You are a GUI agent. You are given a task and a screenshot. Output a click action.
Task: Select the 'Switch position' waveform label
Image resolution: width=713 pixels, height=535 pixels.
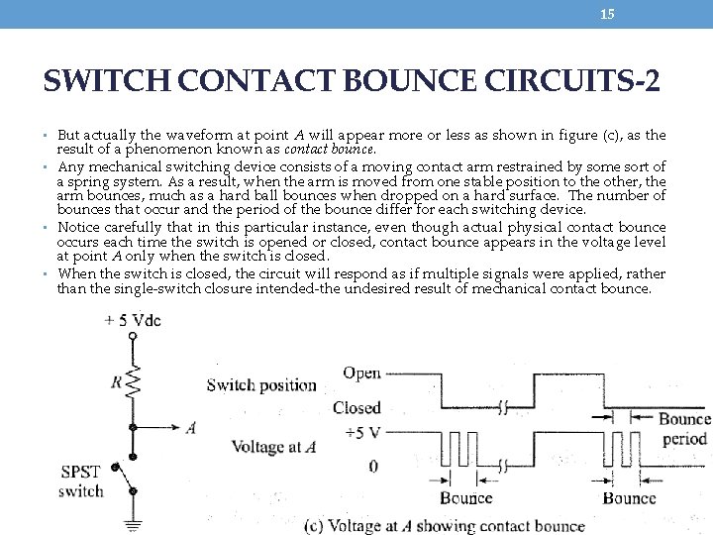261,385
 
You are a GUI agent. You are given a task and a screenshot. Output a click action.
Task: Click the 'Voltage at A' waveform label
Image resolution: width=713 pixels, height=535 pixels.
273,447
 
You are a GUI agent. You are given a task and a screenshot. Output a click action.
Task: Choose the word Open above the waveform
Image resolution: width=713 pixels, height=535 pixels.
361,374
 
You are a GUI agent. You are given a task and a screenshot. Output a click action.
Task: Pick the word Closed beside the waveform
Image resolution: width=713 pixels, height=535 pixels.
356,407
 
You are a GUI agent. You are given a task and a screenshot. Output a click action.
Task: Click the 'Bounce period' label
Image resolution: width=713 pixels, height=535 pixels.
684,429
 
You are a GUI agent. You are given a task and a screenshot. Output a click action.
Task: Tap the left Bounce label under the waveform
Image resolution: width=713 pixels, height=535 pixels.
465,498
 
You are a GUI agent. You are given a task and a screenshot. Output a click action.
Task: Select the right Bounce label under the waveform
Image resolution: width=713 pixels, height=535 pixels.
629,498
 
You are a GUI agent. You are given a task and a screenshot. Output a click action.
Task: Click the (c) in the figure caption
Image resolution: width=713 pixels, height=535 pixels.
316,525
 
